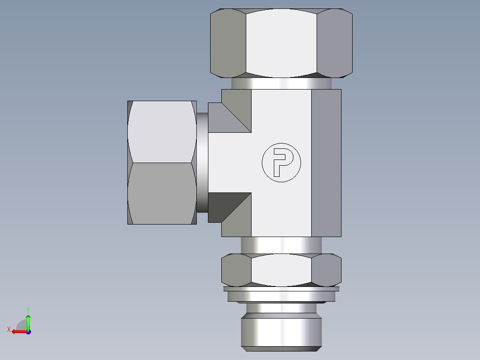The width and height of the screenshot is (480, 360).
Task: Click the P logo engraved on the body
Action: click(x=281, y=163)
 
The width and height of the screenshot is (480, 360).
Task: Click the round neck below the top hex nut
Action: click(x=281, y=84)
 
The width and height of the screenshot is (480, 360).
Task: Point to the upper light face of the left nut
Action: click(x=161, y=131)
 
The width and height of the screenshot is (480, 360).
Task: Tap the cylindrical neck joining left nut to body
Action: click(x=202, y=163)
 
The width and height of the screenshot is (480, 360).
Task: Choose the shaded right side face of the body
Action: click(x=326, y=163)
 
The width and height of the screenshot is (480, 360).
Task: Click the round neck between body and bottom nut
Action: click(x=281, y=245)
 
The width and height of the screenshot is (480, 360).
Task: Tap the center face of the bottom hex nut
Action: click(x=281, y=270)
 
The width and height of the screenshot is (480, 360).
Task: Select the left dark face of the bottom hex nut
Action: click(x=236, y=270)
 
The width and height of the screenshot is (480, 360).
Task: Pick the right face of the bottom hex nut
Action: click(x=327, y=270)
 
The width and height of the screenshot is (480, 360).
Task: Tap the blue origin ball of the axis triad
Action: click(x=28, y=331)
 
